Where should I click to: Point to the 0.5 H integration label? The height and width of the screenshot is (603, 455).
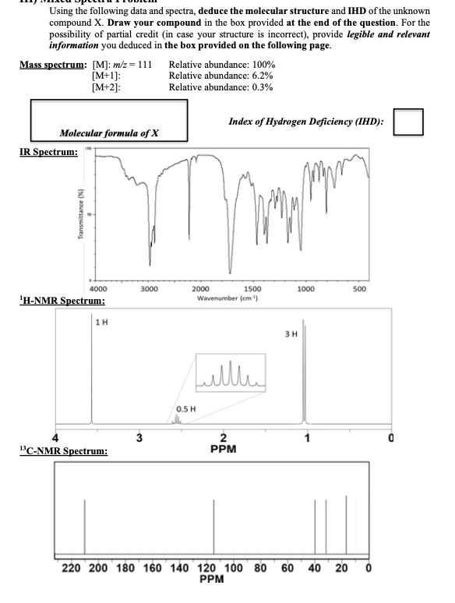pos(186,407)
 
